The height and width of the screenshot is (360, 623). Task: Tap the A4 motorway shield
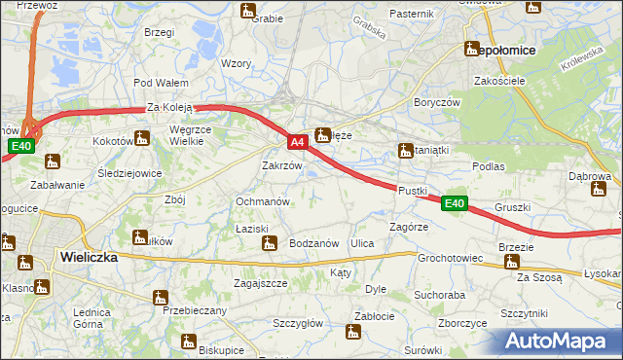(299, 142)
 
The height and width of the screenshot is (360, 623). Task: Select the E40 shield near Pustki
(455, 203)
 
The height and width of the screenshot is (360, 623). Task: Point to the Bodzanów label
(313, 243)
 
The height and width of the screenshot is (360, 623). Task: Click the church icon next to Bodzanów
(270, 243)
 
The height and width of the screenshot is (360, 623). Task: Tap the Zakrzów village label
(282, 165)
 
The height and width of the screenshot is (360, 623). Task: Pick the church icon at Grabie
(248, 12)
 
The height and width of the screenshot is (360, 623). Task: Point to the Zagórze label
(409, 226)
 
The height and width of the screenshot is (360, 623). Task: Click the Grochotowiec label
(450, 259)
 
